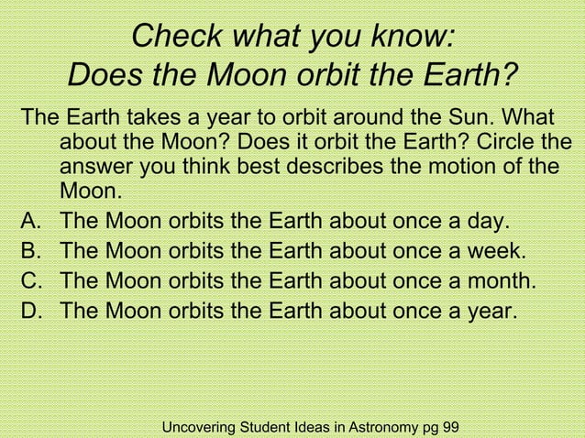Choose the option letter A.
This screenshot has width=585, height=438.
point(32,223)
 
